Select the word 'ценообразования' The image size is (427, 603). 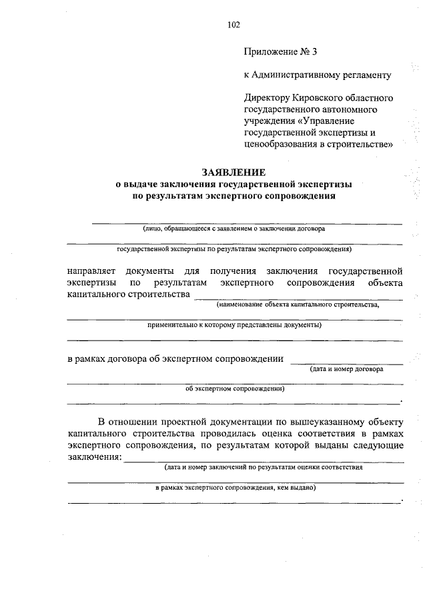pyautogui.click(x=280, y=143)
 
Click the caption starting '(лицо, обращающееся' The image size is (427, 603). pyautogui.click(x=234, y=228)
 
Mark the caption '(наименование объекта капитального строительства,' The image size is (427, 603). pyautogui.click(x=297, y=304)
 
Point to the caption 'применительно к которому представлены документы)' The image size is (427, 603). pyautogui.click(x=234, y=325)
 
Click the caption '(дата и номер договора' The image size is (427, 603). pyautogui.click(x=346, y=368)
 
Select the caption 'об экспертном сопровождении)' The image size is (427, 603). pyautogui.click(x=234, y=389)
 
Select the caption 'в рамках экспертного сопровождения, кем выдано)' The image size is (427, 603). pyautogui.click(x=235, y=487)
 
